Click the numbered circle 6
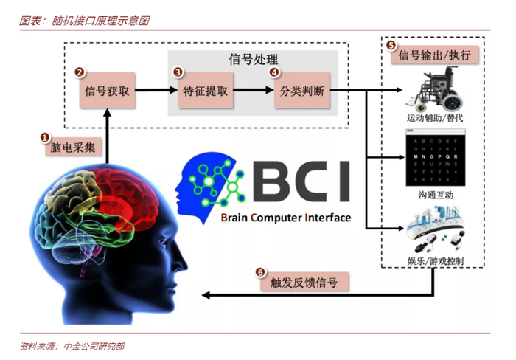click(260, 271)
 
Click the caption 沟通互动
click(434, 193)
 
